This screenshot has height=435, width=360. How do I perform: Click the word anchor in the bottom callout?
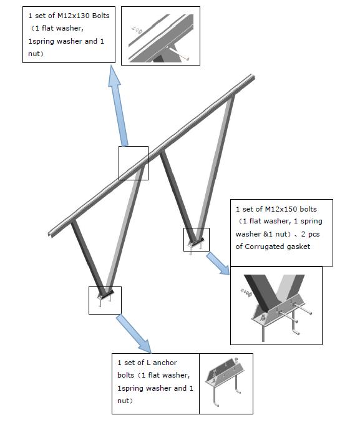point(165,363)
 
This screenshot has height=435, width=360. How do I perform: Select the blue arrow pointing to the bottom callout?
point(134,334)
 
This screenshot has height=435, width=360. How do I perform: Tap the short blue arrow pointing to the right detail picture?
point(218,263)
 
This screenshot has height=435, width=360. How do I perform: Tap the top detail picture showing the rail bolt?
point(160,36)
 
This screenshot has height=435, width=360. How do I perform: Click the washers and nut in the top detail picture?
point(137,30)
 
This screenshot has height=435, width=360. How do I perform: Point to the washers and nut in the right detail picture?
point(246,293)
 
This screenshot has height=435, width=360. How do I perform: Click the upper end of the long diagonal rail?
point(253,77)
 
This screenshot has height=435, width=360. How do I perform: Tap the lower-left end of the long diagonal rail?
point(50,235)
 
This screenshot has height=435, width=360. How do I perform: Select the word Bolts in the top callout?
point(100,16)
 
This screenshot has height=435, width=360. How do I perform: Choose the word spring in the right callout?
point(311,222)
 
